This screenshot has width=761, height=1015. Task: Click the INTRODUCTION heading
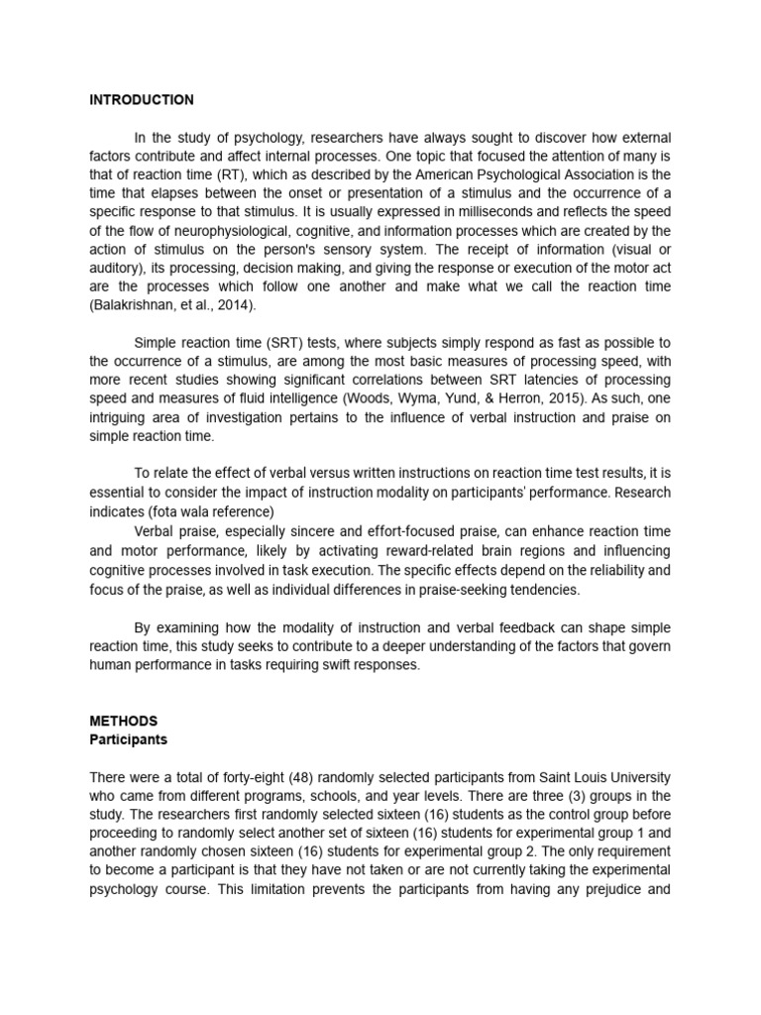click(x=142, y=100)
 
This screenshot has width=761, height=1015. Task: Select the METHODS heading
click(x=124, y=721)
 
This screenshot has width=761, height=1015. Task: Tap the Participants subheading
click(x=129, y=739)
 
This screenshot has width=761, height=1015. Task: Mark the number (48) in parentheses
click(x=273, y=776)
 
